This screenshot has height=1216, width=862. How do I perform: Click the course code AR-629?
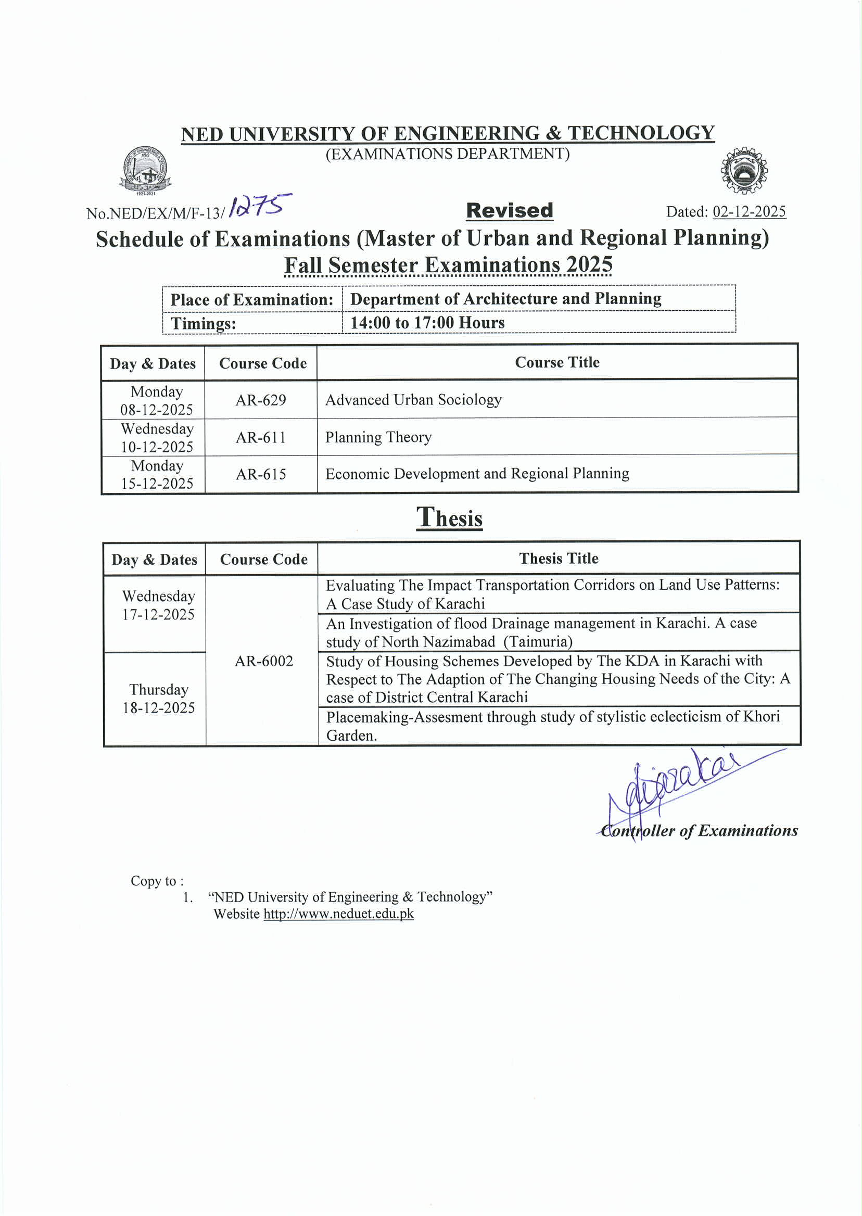261,400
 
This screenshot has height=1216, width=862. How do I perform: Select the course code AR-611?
261,437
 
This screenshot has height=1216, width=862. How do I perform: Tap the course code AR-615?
261,474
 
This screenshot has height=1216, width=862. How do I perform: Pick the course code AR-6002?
264,661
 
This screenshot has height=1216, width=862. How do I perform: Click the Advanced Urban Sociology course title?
413,400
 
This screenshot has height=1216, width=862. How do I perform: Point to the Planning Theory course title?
378,437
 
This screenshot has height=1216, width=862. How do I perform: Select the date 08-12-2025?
157,410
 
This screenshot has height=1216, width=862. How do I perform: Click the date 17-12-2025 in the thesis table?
158,615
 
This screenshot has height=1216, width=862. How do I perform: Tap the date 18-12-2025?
159,707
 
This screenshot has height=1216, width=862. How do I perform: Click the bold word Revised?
510,211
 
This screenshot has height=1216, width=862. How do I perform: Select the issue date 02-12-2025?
749,212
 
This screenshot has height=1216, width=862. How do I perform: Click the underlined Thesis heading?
450,517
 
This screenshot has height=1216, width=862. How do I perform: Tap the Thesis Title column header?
559,559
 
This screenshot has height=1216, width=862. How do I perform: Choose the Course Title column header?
557,362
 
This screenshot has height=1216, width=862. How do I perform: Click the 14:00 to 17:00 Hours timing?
427,323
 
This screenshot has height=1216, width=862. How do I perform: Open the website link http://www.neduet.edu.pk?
339,914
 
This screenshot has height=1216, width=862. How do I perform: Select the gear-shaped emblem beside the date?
744,170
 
